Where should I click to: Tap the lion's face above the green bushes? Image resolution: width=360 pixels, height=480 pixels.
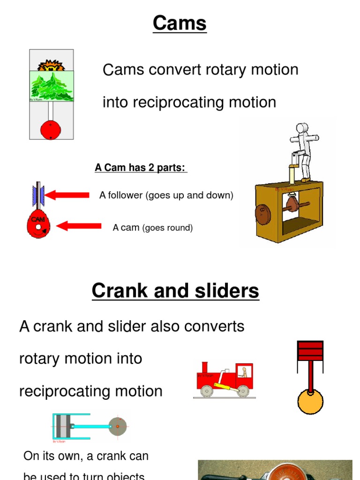tap(51, 66)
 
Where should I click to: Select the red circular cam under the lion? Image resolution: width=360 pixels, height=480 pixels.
tap(51, 129)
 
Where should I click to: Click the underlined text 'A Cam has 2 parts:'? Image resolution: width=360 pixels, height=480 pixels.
tap(140, 168)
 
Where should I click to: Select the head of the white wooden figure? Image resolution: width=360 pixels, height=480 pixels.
tap(302, 128)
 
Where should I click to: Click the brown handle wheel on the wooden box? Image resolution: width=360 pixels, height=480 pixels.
tap(262, 214)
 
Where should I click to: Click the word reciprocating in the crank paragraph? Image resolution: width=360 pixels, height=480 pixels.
tap(67, 391)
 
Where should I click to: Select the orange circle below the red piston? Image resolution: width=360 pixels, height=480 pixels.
tap(310, 402)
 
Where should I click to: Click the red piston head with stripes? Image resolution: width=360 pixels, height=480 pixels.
tap(310, 351)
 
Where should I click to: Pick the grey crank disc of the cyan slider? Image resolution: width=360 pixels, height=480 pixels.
tap(118, 426)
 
